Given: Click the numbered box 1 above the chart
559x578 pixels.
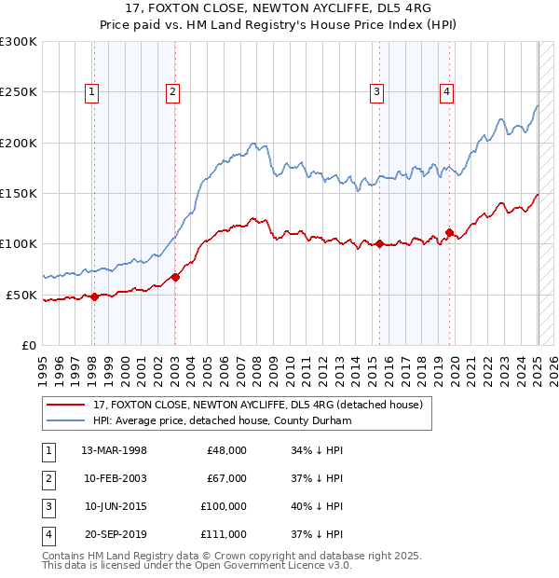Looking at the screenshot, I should [93, 91].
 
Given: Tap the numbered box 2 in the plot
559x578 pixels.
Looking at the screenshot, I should [174, 91].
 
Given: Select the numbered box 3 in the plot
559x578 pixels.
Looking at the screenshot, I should [376, 91].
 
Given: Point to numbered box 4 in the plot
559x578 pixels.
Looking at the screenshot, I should [447, 91].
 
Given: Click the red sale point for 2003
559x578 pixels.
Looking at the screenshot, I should [175, 277].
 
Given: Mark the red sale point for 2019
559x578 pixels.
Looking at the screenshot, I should [449, 232].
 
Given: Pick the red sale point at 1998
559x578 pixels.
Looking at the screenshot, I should [94, 296].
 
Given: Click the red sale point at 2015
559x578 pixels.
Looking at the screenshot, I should [379, 244].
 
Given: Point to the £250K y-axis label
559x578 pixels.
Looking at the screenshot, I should [19, 92].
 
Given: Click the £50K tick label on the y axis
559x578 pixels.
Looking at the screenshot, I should [22, 295].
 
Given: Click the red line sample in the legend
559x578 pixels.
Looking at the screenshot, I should [65, 405].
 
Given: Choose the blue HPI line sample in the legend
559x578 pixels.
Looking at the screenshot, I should [65, 421].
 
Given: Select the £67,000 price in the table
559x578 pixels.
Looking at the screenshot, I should [226, 478].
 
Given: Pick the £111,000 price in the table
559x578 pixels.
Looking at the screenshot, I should [224, 534].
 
